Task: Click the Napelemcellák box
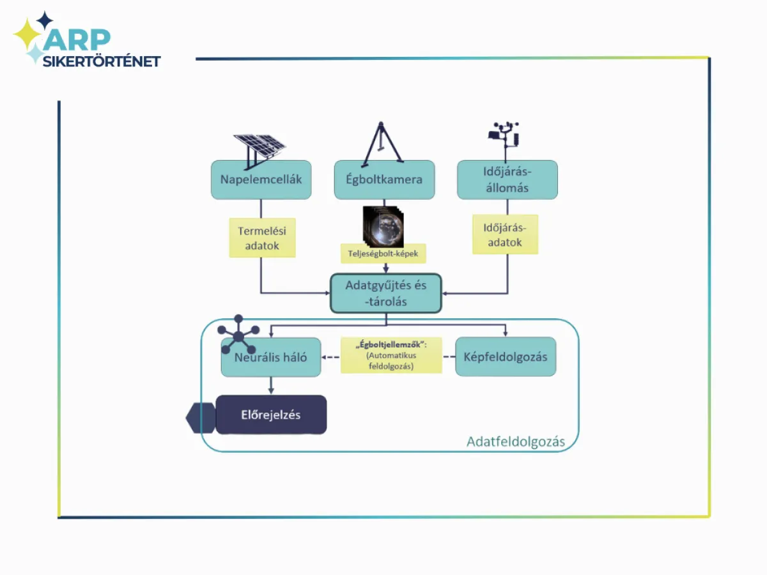coord(261,180)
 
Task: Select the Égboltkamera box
coord(384,180)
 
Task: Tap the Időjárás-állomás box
coord(507,180)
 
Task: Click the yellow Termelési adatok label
coord(262,238)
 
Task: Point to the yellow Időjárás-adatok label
coord(505,234)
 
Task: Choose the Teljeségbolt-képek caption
coord(383,254)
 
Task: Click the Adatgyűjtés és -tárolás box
coord(385,293)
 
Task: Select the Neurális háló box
coord(271,358)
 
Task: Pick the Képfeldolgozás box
coord(506,357)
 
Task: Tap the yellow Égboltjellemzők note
coord(391,355)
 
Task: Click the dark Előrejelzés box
coord(271,415)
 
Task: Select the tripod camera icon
coord(382,142)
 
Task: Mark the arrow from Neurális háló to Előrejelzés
coord(271,385)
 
